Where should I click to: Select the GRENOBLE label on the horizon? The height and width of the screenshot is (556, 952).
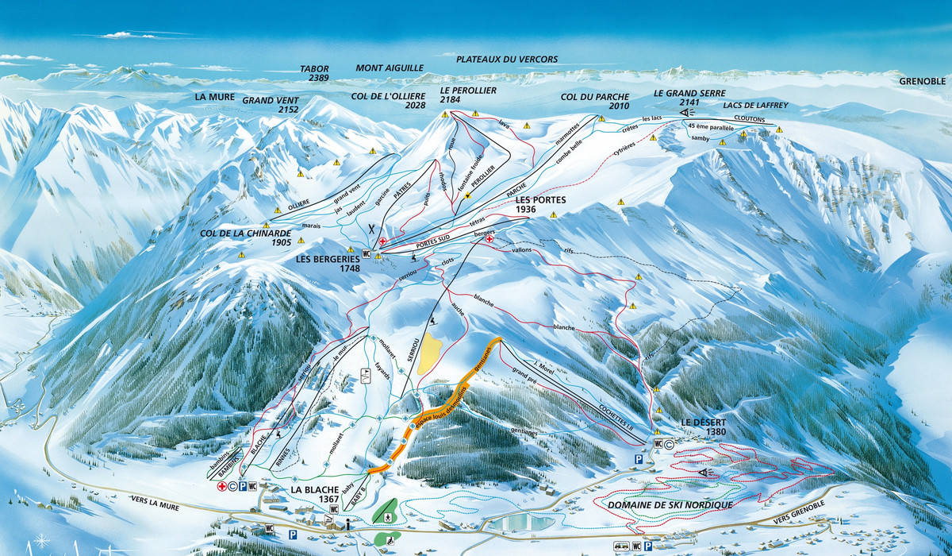[923, 81]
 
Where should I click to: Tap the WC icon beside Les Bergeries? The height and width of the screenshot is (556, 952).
[367, 253]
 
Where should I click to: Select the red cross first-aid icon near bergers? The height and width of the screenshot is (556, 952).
[489, 239]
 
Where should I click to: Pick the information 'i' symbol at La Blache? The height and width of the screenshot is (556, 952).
[347, 523]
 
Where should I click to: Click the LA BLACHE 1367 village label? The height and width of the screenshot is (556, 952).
[315, 494]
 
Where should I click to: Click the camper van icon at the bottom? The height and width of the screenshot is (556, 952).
[620, 546]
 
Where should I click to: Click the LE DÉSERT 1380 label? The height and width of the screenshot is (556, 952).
[704, 427]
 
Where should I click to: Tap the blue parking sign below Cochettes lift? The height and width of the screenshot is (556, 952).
[636, 460]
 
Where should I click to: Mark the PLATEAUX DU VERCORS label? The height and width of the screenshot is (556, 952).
[506, 60]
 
